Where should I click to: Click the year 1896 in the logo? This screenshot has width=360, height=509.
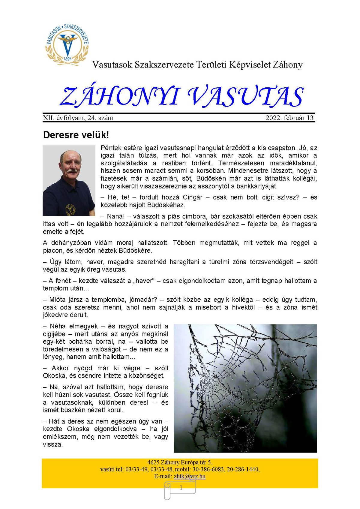(x=68, y=59)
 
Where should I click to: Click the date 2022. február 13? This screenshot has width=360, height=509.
(x=289, y=118)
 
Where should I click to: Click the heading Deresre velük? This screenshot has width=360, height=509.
(x=76, y=135)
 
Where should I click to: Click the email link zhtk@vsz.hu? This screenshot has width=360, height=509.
(x=190, y=476)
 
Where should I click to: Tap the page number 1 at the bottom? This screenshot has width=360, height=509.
(x=181, y=488)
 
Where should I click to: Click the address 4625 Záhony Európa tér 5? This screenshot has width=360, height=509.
(x=180, y=462)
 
